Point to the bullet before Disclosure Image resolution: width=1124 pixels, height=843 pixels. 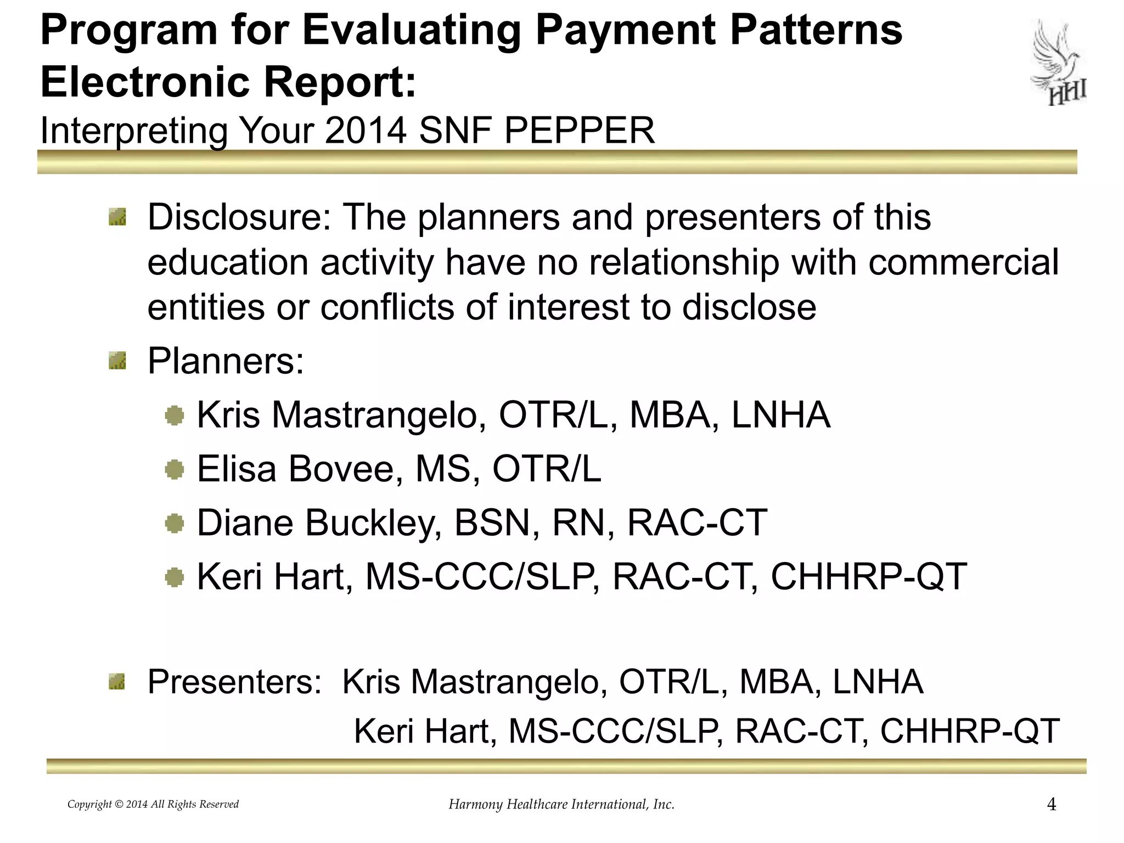pos(117,217)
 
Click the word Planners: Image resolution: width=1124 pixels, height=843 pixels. pos(226,361)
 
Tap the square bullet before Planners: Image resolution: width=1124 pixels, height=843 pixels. pos(117,362)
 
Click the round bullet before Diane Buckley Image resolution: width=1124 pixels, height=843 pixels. pos(175,523)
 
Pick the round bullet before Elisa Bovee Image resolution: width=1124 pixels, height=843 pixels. pos(175,469)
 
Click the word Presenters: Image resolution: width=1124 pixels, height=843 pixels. pos(234,682)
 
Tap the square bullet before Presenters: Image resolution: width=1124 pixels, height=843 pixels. pos(117,682)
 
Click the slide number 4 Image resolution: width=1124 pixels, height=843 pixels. pos(1052,805)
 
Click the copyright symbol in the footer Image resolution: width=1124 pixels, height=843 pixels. pos(119,805)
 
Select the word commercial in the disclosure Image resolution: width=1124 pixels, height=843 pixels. pos(963,262)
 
